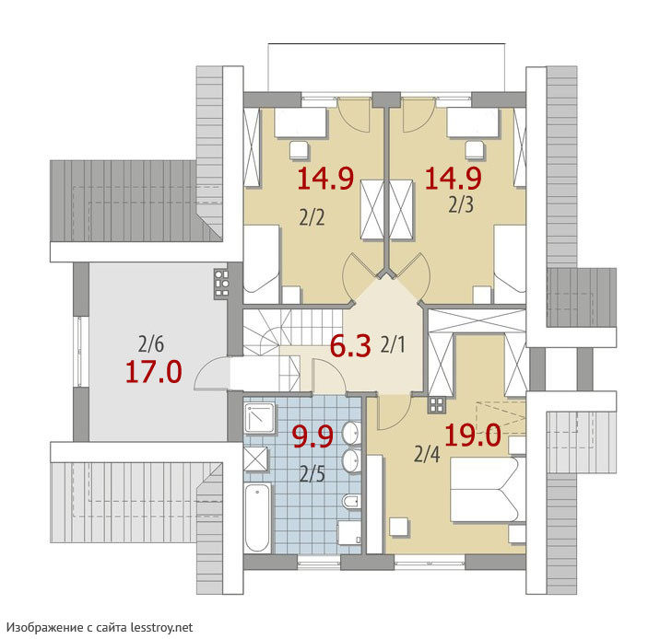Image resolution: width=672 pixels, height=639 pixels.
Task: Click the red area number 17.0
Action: (153, 371)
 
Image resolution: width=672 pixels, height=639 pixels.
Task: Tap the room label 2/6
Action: (151, 344)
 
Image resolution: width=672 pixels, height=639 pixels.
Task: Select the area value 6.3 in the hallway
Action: (350, 346)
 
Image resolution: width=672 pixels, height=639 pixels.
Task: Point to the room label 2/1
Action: (393, 344)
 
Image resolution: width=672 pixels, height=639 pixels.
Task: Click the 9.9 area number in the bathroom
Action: (312, 437)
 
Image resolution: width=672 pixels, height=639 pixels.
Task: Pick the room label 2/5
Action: (312, 474)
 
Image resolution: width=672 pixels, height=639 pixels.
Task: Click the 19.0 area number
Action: (473, 436)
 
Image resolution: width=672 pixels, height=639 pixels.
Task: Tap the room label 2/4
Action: (427, 454)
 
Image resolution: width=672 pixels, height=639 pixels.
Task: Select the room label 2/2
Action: (312, 218)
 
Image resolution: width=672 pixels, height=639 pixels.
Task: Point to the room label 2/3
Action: (461, 205)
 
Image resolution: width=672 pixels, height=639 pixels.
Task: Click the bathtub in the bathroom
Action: (257, 518)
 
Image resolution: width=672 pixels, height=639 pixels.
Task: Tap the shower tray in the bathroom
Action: (259, 418)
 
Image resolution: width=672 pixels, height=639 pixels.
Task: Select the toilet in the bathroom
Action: (351, 501)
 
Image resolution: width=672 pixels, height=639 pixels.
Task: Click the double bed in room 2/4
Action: (489, 489)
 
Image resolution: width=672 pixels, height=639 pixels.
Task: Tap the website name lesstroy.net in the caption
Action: (161, 627)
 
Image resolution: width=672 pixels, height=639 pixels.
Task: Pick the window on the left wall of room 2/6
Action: (80, 352)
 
